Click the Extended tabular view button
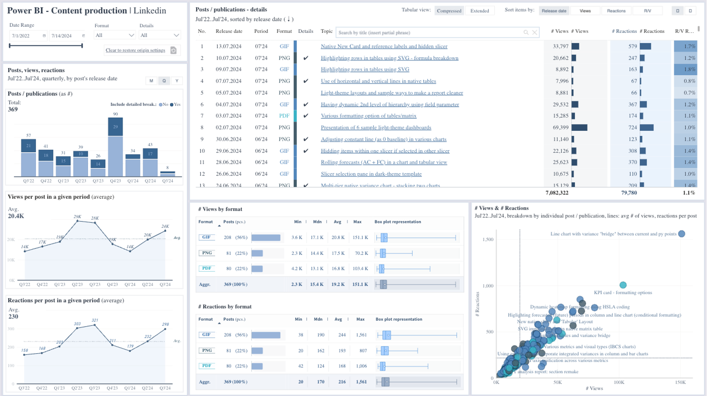click(480, 11)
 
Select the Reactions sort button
click(616, 11)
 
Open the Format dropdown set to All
click(115, 35)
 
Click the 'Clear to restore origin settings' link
click(135, 50)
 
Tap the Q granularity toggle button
click(164, 81)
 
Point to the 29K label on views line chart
click(78, 217)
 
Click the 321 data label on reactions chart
click(95, 320)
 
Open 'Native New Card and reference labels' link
click(384, 46)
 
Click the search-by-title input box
click(428, 33)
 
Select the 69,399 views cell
click(560, 127)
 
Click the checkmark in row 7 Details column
click(306, 116)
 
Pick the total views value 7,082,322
click(557, 193)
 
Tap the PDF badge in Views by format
click(206, 268)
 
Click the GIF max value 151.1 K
click(360, 237)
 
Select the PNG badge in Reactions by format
click(207, 350)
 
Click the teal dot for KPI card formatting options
click(623, 285)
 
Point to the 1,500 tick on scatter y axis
click(488, 240)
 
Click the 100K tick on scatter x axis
click(619, 382)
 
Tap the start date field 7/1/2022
click(25, 36)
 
